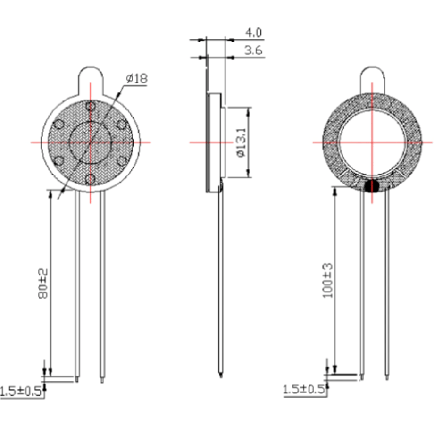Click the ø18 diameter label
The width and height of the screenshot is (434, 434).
(x=137, y=78)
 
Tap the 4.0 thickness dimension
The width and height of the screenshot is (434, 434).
(x=253, y=33)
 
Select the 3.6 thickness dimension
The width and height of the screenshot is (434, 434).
(x=253, y=50)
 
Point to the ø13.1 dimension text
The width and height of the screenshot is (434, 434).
(x=242, y=142)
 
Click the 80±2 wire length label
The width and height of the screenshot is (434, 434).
(x=43, y=284)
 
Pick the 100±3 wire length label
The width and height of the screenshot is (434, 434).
(x=328, y=280)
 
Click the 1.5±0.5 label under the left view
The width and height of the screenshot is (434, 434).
(x=21, y=392)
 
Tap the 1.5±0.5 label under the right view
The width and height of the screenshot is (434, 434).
(x=303, y=390)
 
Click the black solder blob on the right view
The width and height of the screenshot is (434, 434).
(x=372, y=186)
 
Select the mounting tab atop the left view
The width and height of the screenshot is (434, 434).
(x=91, y=81)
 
